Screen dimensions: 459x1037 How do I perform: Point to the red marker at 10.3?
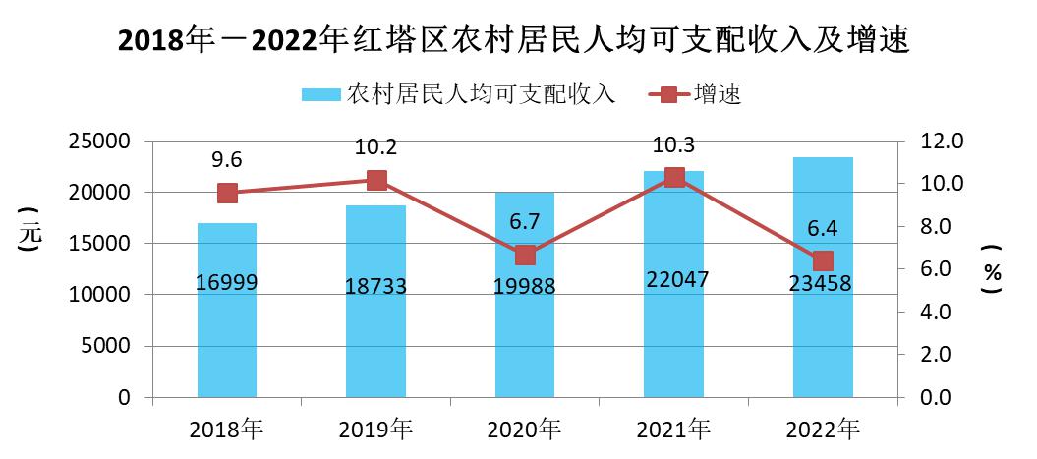(x=674, y=178)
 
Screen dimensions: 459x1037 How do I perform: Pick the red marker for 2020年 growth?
(x=525, y=255)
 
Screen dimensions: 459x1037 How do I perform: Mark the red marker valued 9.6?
(x=227, y=193)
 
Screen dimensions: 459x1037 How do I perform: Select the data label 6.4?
(x=823, y=229)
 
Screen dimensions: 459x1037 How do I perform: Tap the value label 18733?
(x=376, y=286)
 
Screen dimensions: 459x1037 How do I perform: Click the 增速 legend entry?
(x=694, y=94)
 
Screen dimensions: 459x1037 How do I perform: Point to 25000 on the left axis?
(x=101, y=142)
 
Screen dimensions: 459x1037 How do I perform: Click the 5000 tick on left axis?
(x=108, y=346)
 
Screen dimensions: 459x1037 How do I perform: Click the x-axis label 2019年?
(x=376, y=429)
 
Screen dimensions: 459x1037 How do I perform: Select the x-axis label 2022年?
(x=823, y=429)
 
